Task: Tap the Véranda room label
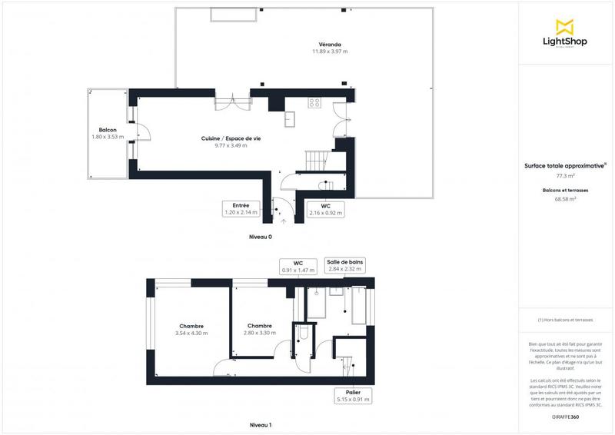[x=330, y=44]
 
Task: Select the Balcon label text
[x=107, y=130]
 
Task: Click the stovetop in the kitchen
[x=314, y=102]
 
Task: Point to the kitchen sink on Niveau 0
[x=291, y=118]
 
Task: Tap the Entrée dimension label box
[x=239, y=209]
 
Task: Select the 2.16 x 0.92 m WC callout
[x=326, y=209]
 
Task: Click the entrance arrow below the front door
[x=284, y=221]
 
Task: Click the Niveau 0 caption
[x=261, y=237]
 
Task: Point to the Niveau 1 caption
[x=261, y=425]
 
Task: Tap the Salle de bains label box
[x=344, y=266]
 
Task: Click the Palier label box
[x=354, y=396]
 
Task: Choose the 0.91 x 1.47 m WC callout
[x=298, y=266]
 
